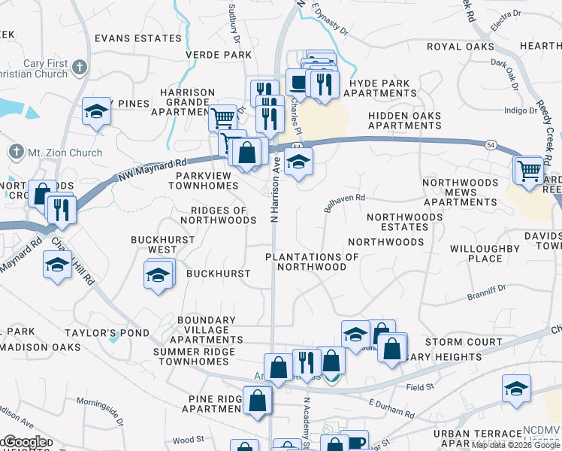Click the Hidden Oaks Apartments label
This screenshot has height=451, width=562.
coord(404,120)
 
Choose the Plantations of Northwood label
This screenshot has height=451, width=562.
coord(312,262)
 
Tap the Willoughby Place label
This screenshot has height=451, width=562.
coord(485,253)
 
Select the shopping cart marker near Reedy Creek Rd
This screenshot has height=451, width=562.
coord(529,171)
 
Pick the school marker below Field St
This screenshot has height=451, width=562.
coord(515,389)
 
